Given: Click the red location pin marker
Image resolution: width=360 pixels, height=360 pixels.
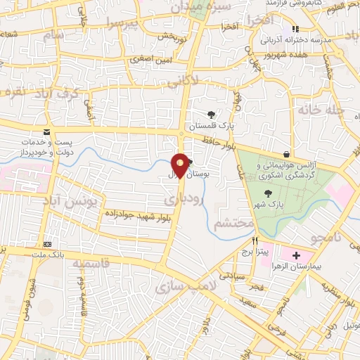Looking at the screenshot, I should [x=180, y=165].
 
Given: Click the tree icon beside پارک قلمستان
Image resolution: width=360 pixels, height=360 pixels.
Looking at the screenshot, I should [x=212, y=115].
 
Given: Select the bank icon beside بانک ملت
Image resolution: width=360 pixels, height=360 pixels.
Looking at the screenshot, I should [x=47, y=236].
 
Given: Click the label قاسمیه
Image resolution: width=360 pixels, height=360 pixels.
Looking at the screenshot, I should [x=89, y=264].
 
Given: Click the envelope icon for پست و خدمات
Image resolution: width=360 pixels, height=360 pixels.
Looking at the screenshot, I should [x=46, y=132].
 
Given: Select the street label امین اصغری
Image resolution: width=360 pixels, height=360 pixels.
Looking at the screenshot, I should [x=150, y=60].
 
